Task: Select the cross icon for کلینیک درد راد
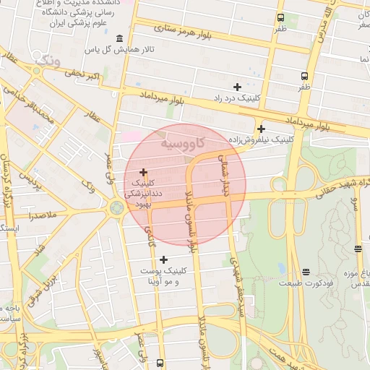(237, 87)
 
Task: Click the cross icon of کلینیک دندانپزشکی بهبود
(143, 172)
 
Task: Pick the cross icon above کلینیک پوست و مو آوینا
(164, 259)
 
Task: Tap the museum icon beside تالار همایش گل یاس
(119, 39)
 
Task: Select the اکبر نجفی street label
(83, 74)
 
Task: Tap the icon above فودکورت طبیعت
(306, 272)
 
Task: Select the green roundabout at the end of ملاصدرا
(115, 208)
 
